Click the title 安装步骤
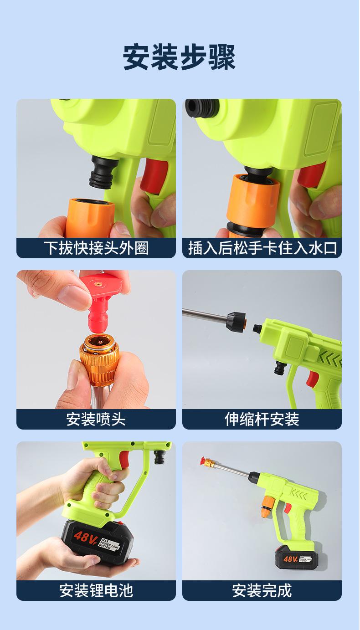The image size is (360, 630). point(179,57)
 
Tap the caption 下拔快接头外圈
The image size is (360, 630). point(96,248)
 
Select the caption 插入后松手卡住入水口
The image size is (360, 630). point(262,248)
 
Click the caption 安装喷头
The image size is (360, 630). point(96,420)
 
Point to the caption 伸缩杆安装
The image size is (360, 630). point(262,420)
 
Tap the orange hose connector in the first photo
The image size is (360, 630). point(90,217)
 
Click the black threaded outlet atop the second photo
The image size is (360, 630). point(202,108)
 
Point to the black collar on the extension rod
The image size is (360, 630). point(236,322)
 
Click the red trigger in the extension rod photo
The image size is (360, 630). point(312,379)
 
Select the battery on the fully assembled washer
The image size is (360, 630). point(297,557)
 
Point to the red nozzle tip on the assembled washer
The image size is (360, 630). point(203,461)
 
